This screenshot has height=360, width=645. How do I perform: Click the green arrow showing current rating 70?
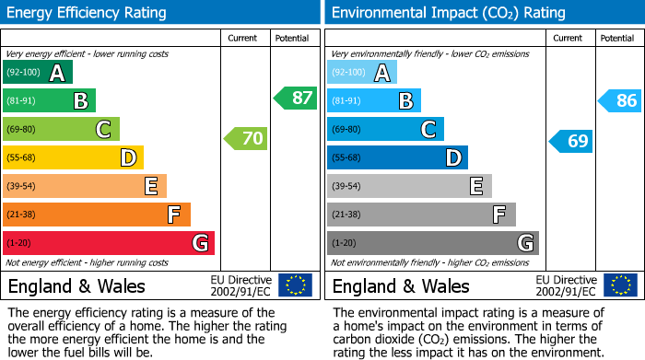click(x=245, y=139)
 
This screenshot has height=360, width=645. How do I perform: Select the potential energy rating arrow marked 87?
click(x=295, y=98)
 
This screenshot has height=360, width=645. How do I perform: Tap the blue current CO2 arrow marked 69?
click(x=570, y=141)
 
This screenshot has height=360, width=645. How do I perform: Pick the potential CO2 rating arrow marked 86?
click(x=620, y=101)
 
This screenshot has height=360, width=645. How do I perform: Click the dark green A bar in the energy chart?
click(x=38, y=73)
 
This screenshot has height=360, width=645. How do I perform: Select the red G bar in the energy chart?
click(x=109, y=243)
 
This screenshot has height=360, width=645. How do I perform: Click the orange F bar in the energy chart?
click(x=97, y=215)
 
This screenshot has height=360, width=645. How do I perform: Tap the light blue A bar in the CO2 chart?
click(x=362, y=73)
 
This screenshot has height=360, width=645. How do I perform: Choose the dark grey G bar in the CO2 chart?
click(x=433, y=243)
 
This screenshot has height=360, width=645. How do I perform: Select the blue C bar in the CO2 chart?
click(x=385, y=129)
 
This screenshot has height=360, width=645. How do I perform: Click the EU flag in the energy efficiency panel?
click(x=295, y=285)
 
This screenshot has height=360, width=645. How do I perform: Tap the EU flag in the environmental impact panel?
click(x=620, y=285)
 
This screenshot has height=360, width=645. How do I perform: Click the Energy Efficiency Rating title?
click(x=88, y=13)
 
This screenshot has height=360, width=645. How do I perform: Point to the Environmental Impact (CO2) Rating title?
click(x=448, y=13)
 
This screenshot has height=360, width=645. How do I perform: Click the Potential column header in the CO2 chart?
click(x=616, y=38)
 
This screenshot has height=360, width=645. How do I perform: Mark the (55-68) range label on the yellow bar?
click(x=22, y=158)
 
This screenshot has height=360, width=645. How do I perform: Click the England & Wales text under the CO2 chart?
click(x=401, y=285)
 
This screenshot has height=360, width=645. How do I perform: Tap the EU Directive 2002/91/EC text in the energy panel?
click(x=241, y=285)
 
